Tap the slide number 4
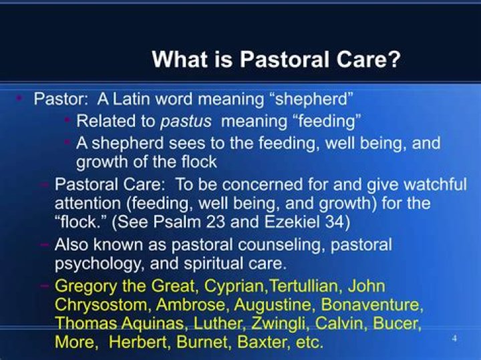[x=455, y=339]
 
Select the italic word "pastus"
[x=189, y=121]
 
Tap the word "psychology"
[x=98, y=263]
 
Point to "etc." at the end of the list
[x=307, y=343]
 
